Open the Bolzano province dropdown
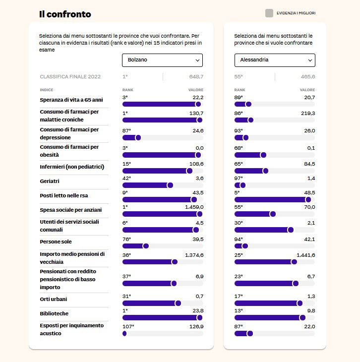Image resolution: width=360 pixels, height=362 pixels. [162, 60]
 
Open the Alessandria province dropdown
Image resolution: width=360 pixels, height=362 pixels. [275, 60]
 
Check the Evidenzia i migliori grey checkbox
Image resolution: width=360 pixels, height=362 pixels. [269, 13]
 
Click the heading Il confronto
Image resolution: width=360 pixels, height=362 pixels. [65, 14]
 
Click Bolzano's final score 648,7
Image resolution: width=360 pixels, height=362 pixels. [196, 77]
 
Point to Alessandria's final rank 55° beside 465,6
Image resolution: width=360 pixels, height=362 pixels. [239, 77]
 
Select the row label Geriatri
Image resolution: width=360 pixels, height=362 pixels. [50, 181]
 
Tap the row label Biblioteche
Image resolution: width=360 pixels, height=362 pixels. [54, 313]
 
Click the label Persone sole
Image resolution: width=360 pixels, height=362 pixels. [56, 241]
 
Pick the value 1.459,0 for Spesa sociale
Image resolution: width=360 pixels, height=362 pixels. [194, 207]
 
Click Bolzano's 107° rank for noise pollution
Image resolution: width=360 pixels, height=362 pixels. [128, 326]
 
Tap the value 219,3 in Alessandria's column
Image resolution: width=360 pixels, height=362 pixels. [308, 114]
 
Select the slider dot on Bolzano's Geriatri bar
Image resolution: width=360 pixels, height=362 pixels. [170, 185]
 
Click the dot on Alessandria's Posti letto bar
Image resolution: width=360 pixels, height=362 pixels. [308, 199]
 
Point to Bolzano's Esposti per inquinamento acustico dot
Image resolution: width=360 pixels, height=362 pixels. [124, 333]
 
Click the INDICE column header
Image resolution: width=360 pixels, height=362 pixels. [47, 90]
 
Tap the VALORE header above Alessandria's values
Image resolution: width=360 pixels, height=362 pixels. [307, 90]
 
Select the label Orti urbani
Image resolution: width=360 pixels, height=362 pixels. [54, 299]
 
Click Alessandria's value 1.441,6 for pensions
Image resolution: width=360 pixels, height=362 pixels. [306, 255]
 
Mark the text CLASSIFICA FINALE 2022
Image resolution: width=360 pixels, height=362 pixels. [70, 77]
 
